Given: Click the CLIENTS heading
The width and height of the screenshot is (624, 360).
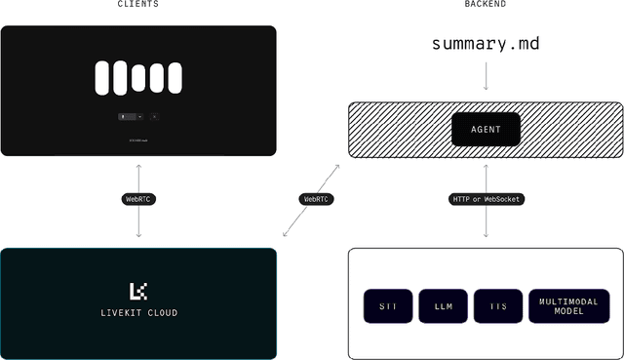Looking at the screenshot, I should tap(138, 5).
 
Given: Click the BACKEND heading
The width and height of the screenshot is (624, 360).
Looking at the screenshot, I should tap(485, 5).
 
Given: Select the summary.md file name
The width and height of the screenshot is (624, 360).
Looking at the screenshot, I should tap(485, 44).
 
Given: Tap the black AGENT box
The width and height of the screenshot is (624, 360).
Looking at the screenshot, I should tap(486, 129).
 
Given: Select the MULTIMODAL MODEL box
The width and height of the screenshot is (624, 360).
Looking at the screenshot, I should tap(568, 305).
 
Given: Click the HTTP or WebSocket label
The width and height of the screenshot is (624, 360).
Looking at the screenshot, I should tap(487, 199).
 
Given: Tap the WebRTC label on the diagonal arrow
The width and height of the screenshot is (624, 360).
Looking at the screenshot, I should tap(315, 199).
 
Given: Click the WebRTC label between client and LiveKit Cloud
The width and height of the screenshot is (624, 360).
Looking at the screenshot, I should tap(139, 199).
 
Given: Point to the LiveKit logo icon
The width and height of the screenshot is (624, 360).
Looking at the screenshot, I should tap(138, 291).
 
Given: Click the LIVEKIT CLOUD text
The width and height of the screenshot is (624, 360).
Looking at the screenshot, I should tap(138, 313).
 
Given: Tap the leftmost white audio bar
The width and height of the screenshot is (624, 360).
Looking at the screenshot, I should tap(103, 78).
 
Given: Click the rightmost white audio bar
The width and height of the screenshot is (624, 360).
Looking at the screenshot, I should tap(174, 78).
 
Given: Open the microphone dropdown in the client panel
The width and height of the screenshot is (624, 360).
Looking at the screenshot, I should tap(130, 116).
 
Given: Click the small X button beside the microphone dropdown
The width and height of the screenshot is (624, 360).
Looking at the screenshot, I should tap(154, 116).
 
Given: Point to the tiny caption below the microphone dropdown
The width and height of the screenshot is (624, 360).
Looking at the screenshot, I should tap(138, 140).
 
